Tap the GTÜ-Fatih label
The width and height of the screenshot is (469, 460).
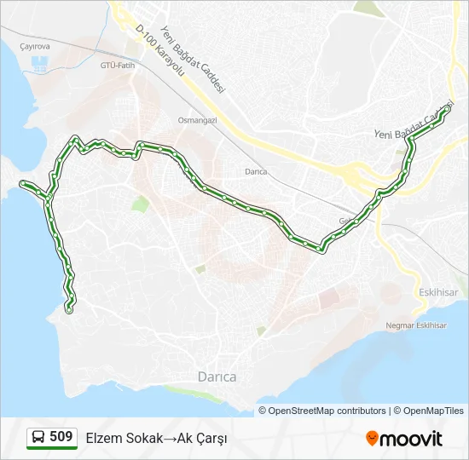pos(118,65)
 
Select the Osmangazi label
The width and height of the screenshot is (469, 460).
pos(197,120)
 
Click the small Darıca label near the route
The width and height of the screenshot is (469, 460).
pos(256,171)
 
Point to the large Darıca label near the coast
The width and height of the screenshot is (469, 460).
pos(217,376)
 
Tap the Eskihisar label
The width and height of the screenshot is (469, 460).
pos(439,291)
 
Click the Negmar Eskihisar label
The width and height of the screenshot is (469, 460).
pos(416,325)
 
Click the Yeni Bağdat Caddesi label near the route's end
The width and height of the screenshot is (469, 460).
pos(412,124)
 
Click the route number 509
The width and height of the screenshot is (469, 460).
pos(61,437)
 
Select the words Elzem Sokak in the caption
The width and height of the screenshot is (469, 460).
pos(124,438)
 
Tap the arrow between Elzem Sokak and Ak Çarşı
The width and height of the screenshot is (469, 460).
pos(170,438)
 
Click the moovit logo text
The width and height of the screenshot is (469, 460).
pos(411,438)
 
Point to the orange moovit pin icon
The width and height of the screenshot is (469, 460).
pos(372,438)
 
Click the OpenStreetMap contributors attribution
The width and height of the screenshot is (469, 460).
pos(327,411)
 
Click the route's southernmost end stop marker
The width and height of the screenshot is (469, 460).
pos(69,310)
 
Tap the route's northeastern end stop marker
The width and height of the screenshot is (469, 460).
pos(448,108)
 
